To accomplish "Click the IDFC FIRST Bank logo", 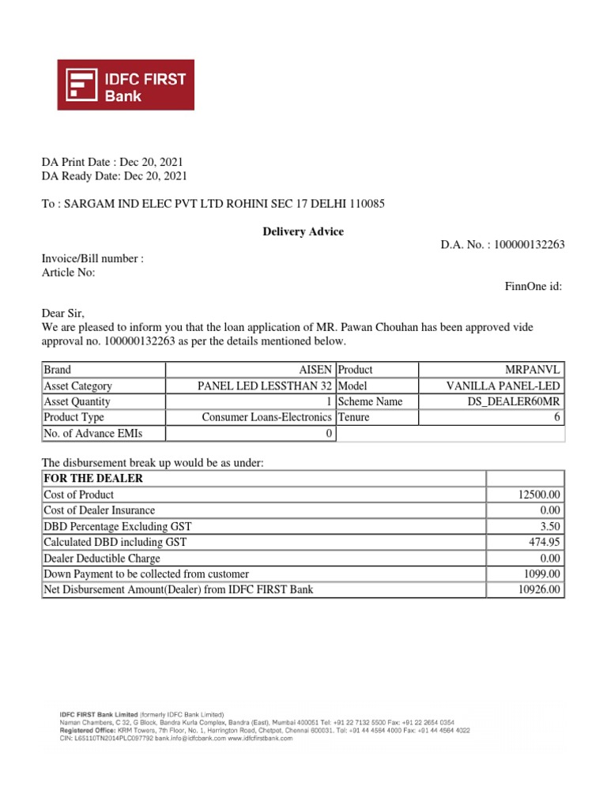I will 126,85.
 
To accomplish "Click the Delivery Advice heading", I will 303,231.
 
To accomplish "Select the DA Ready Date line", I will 115,176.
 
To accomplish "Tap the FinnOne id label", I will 533,286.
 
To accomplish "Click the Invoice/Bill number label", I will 92,258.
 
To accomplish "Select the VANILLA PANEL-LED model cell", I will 503,386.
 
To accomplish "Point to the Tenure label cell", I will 353,417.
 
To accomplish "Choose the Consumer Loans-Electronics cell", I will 267,417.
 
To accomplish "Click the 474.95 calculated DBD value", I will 544,542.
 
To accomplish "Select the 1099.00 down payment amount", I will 541,574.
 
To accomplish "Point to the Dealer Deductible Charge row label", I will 102,558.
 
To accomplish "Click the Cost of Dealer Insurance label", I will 100,510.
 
